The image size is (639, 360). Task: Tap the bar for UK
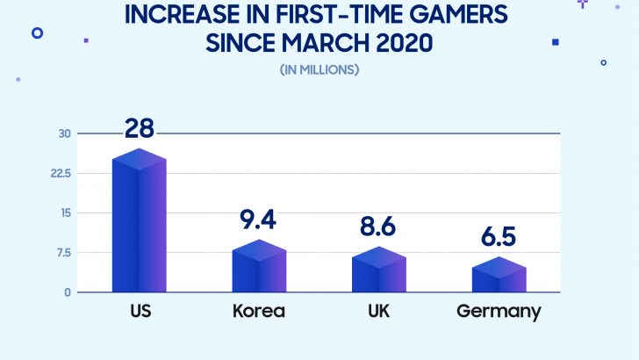coord(378,270)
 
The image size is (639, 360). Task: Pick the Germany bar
coord(499,275)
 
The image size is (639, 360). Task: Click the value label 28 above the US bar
coord(139,129)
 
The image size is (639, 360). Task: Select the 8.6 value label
coord(378,227)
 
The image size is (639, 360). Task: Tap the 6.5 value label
coord(499,237)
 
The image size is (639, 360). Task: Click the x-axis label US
coord(139,312)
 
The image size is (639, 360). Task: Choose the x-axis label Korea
coord(259,312)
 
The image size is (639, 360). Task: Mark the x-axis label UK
coord(378,312)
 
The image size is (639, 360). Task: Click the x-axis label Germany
coord(499,312)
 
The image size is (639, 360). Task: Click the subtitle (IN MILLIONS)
coord(319,69)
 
